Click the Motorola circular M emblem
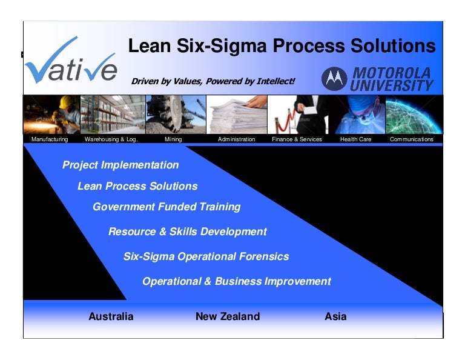[334, 78]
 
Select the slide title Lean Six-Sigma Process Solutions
[282, 46]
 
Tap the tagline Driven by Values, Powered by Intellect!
[213, 81]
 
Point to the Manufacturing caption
[50, 139]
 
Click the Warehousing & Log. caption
[111, 139]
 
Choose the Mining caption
[173, 139]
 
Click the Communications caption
[412, 139]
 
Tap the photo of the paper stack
[237, 115]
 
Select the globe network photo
[414, 115]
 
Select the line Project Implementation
[120, 165]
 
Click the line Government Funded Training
[167, 207]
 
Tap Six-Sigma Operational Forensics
[206, 256]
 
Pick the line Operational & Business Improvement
[236, 281]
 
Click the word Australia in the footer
[111, 316]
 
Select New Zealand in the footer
[228, 316]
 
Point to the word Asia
[335, 316]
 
